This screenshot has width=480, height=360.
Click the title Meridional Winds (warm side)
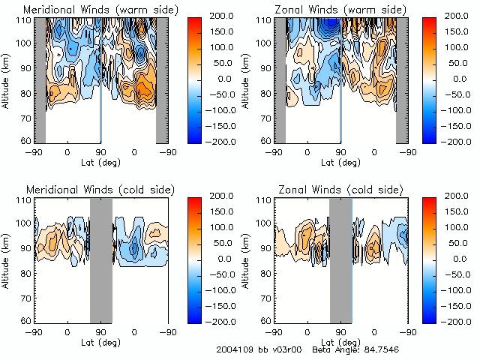click(x=100, y=8)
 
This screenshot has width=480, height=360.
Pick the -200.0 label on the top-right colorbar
click(x=459, y=141)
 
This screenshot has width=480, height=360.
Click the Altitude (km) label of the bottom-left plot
click(x=7, y=259)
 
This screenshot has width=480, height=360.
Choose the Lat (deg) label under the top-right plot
click(x=340, y=162)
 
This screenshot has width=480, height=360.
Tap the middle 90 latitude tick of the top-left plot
click(x=100, y=151)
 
